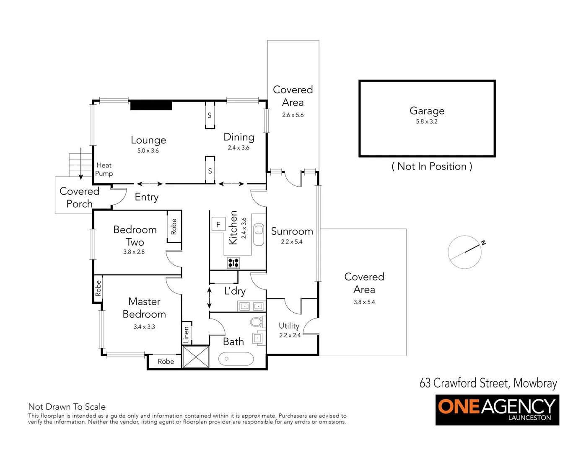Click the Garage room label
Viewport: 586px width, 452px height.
tap(427, 111)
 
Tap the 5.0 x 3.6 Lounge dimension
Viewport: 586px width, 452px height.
tap(148, 151)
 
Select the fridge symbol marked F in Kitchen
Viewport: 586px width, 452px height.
tap(218, 225)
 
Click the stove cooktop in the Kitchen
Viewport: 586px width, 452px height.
tap(233, 263)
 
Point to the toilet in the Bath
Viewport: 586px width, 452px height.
tap(256, 322)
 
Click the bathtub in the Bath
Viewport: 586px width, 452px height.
tap(236, 359)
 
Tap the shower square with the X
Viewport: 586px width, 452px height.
tap(196, 357)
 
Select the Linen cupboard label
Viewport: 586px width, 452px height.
tap(187, 335)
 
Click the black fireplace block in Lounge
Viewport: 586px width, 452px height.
tap(151, 105)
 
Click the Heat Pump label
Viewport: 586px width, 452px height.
tap(104, 169)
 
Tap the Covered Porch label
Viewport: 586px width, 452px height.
tap(79, 198)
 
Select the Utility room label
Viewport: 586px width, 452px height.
tap(289, 326)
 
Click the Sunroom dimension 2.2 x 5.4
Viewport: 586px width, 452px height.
tap(291, 242)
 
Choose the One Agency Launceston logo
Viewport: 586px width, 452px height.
tap(497, 410)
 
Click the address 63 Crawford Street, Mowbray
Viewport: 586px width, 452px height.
tap(488, 383)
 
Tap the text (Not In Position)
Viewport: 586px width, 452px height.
tap(432, 167)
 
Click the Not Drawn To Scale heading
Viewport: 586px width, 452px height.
tap(67, 406)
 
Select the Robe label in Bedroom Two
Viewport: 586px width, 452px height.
tap(174, 226)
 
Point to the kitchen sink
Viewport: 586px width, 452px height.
tap(259, 234)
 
